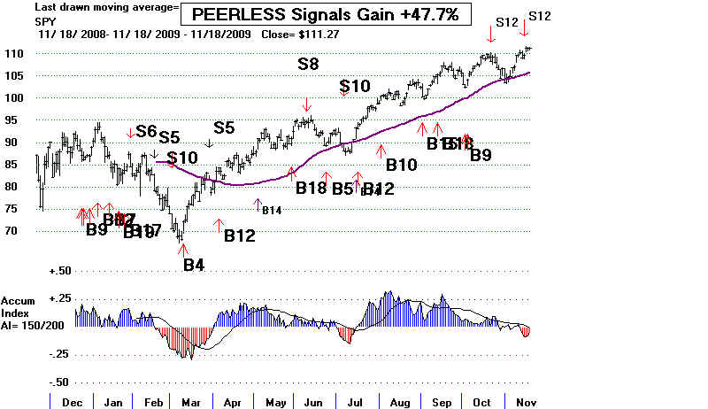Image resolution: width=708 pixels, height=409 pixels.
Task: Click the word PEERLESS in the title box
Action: tap(242, 15)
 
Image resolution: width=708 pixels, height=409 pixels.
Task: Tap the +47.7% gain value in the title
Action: tap(430, 15)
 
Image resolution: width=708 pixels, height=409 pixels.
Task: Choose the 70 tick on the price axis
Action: tap(15, 231)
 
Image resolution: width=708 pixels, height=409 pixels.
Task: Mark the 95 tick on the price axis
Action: tap(15, 120)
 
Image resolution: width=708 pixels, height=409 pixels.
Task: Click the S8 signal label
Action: tap(308, 63)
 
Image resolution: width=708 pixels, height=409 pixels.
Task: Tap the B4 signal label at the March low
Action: tap(193, 264)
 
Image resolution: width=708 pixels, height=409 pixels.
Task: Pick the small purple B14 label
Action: tap(271, 210)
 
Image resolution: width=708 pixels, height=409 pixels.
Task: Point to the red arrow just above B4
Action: tap(182, 249)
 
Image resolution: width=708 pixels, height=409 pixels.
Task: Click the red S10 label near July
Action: tap(356, 86)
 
